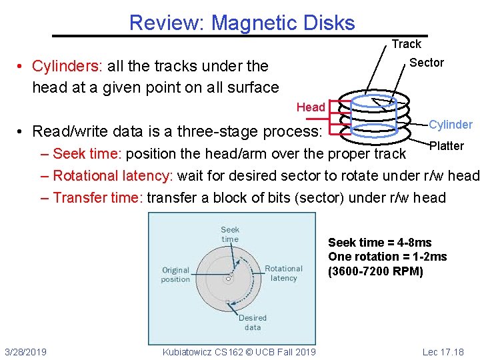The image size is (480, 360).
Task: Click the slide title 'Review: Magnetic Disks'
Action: click(x=242, y=23)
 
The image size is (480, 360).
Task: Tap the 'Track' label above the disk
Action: click(x=406, y=44)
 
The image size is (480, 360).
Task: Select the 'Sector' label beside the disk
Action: click(x=426, y=63)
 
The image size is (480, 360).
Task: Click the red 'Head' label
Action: click(x=311, y=107)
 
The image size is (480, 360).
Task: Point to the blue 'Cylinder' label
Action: click(x=451, y=125)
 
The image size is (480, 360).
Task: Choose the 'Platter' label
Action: click(x=447, y=146)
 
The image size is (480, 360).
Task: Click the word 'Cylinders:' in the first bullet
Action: click(x=65, y=66)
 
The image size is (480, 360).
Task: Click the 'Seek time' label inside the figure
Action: click(x=230, y=234)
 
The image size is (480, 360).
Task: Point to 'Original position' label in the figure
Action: click(x=175, y=275)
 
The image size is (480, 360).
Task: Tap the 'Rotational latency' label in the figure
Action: click(x=283, y=273)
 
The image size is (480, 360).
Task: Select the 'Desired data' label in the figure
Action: click(x=253, y=323)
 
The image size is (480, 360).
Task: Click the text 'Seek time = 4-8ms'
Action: click(x=380, y=243)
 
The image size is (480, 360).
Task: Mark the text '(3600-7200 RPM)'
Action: click(x=375, y=271)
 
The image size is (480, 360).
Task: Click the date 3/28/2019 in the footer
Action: click(x=25, y=352)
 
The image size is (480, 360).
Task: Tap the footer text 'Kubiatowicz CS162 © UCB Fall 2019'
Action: click(x=239, y=352)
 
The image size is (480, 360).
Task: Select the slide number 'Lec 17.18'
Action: click(x=443, y=352)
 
